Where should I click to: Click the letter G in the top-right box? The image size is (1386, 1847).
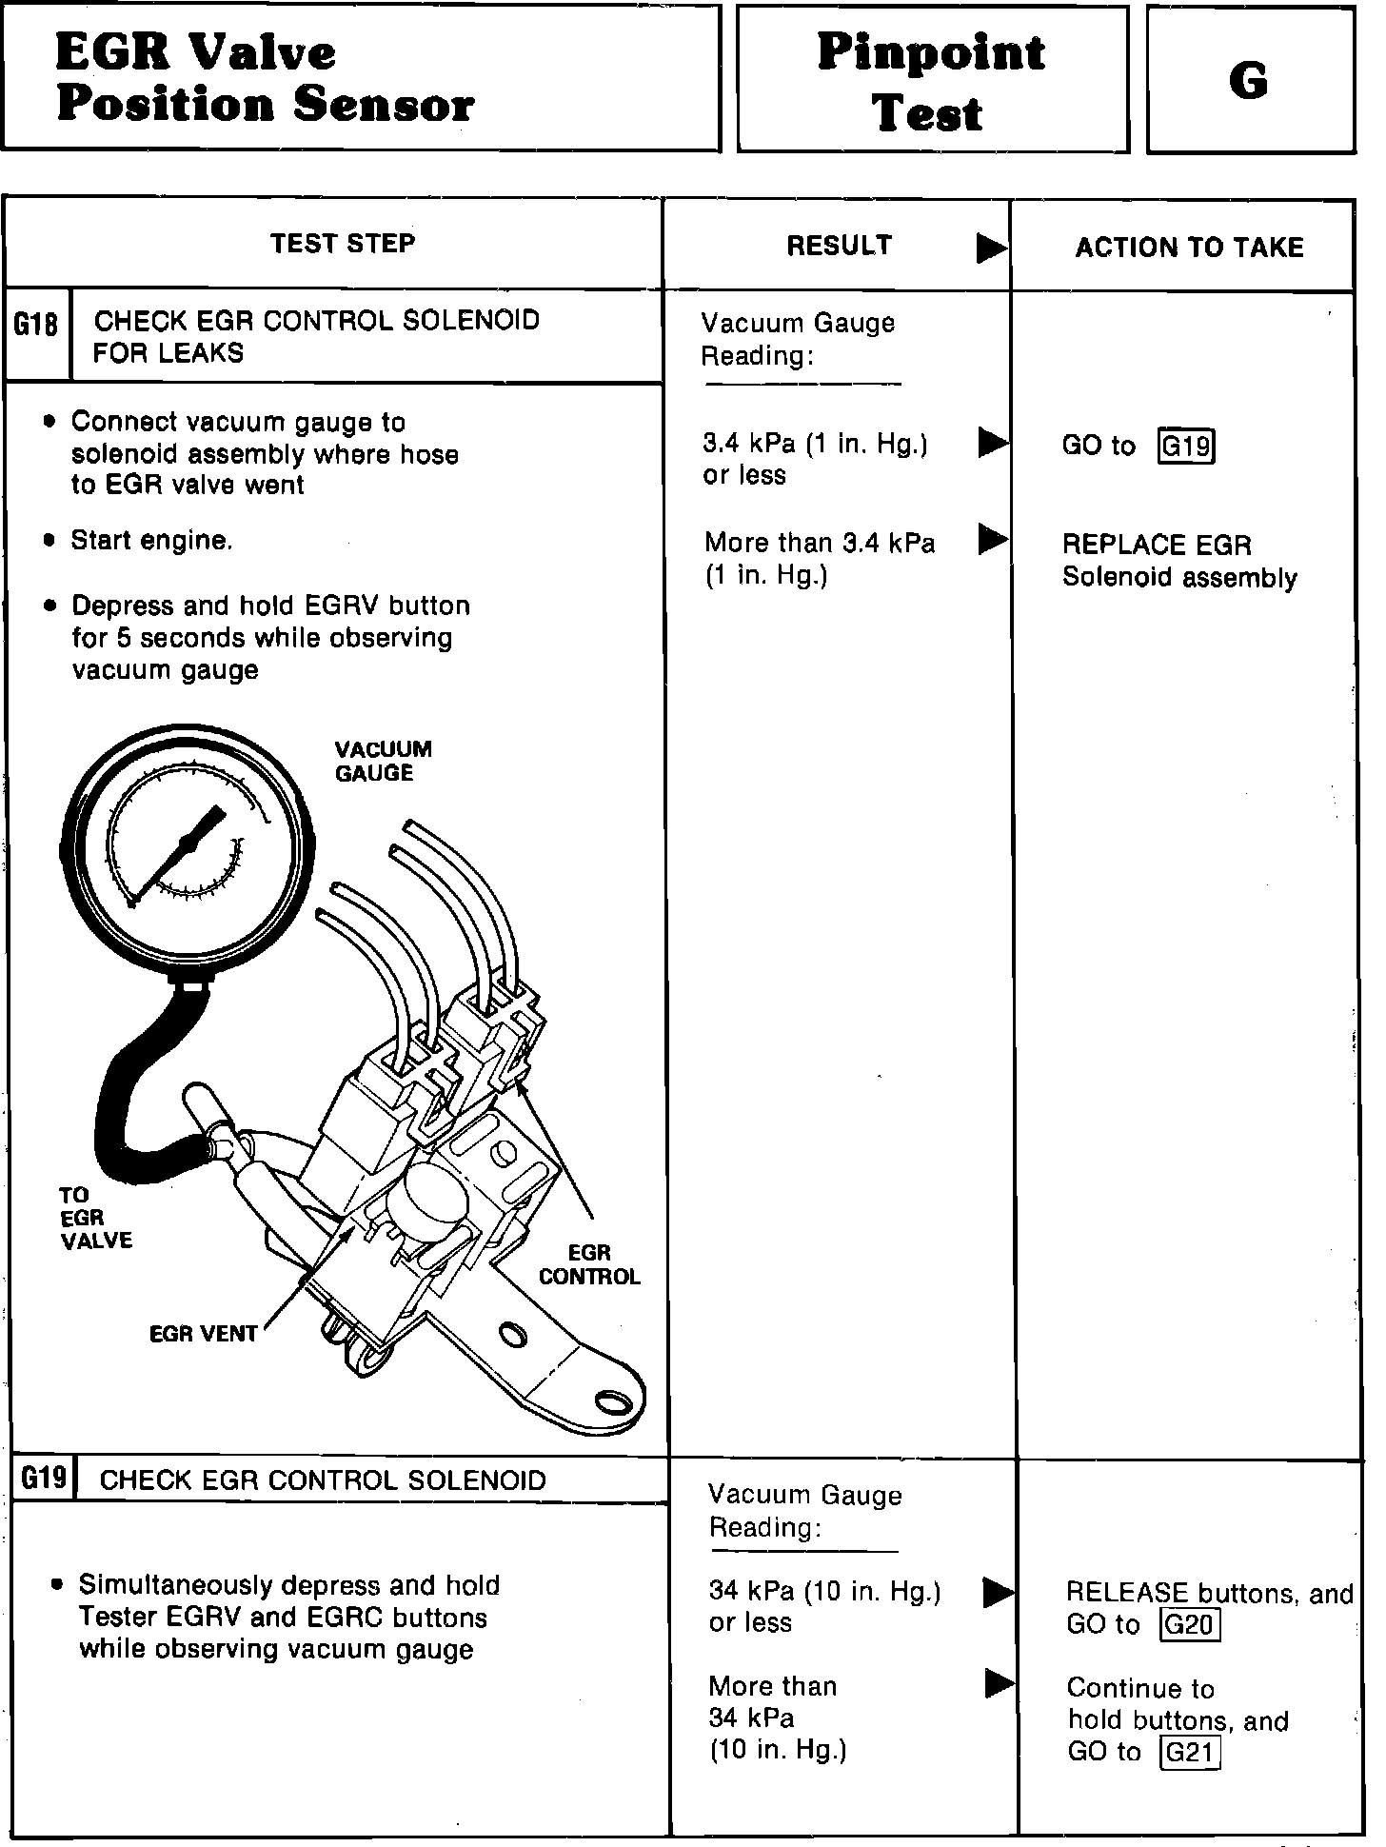[1248, 80]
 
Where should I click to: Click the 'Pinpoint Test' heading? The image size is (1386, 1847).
[930, 82]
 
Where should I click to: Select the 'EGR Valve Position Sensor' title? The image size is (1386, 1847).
[265, 78]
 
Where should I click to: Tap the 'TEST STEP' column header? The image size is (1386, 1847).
[343, 244]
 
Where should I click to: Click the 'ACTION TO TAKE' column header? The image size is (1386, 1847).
[1189, 248]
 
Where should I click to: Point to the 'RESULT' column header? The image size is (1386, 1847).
[839, 246]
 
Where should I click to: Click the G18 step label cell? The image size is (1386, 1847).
[35, 326]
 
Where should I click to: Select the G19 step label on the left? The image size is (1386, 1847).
[44, 1478]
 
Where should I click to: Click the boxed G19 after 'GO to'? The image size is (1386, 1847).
[1187, 446]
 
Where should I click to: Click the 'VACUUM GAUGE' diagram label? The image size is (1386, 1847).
[383, 761]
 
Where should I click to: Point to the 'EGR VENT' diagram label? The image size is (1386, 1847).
[203, 1334]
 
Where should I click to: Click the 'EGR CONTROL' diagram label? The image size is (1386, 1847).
[589, 1264]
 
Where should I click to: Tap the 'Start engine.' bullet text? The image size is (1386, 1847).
[151, 541]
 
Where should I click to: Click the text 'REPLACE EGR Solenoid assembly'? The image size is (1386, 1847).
[1179, 562]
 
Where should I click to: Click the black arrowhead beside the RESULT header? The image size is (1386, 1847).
[991, 248]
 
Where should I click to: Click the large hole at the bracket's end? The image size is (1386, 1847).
[613, 1403]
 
